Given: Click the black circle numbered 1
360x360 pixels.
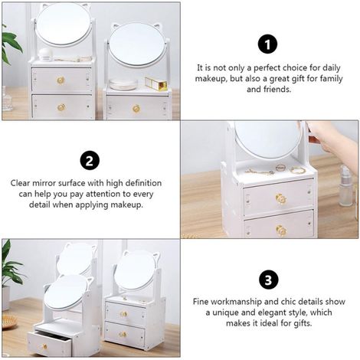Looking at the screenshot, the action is (x=267, y=44).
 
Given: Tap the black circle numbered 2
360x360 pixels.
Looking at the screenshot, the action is (x=90, y=160).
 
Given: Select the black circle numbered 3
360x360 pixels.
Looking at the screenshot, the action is (x=268, y=280).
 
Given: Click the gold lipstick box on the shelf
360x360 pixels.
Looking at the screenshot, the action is (x=156, y=83).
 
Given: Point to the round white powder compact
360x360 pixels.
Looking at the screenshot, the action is (x=123, y=84).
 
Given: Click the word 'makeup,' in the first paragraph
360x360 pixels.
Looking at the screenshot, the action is (x=211, y=79).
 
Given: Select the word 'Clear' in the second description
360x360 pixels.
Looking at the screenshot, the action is (x=21, y=183).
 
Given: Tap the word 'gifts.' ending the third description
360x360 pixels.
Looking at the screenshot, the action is (x=302, y=323).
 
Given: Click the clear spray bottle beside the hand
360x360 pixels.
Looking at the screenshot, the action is (x=346, y=185).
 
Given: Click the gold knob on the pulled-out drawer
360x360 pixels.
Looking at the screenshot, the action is (x=45, y=346).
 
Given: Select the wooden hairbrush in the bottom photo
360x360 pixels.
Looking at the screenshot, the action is (x=9, y=321).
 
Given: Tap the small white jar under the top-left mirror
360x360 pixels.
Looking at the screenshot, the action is (x=46, y=54).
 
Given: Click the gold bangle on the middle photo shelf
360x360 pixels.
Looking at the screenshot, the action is (x=298, y=170).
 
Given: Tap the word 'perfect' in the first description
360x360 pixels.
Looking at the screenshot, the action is (x=267, y=68).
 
